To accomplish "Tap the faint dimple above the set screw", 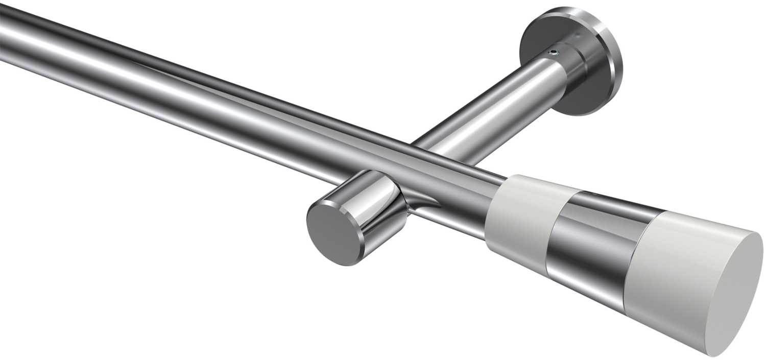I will point(577,36).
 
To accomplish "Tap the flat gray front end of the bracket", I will point(326,232).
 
